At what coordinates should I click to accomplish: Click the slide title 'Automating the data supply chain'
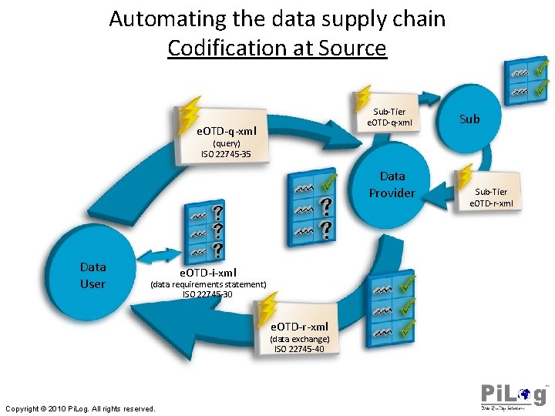[x=277, y=18]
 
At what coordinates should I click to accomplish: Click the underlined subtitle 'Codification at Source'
[x=277, y=48]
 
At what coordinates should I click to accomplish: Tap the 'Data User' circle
[x=93, y=275]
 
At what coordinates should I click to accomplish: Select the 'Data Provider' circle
[x=392, y=185]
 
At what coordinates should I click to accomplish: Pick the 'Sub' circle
[x=469, y=119]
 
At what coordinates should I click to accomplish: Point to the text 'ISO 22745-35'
[x=226, y=154]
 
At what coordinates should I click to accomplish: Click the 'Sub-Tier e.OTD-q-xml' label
[x=389, y=117]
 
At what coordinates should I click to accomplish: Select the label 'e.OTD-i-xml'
[x=208, y=272]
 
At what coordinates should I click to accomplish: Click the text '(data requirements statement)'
[x=208, y=284]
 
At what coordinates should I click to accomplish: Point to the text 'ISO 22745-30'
[x=208, y=294]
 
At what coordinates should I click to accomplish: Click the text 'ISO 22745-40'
[x=299, y=349]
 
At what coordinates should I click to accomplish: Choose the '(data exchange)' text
[x=299, y=339]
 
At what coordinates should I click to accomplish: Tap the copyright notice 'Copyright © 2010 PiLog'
[x=80, y=408]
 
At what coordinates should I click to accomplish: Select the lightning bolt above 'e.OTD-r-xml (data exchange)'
[x=267, y=308]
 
